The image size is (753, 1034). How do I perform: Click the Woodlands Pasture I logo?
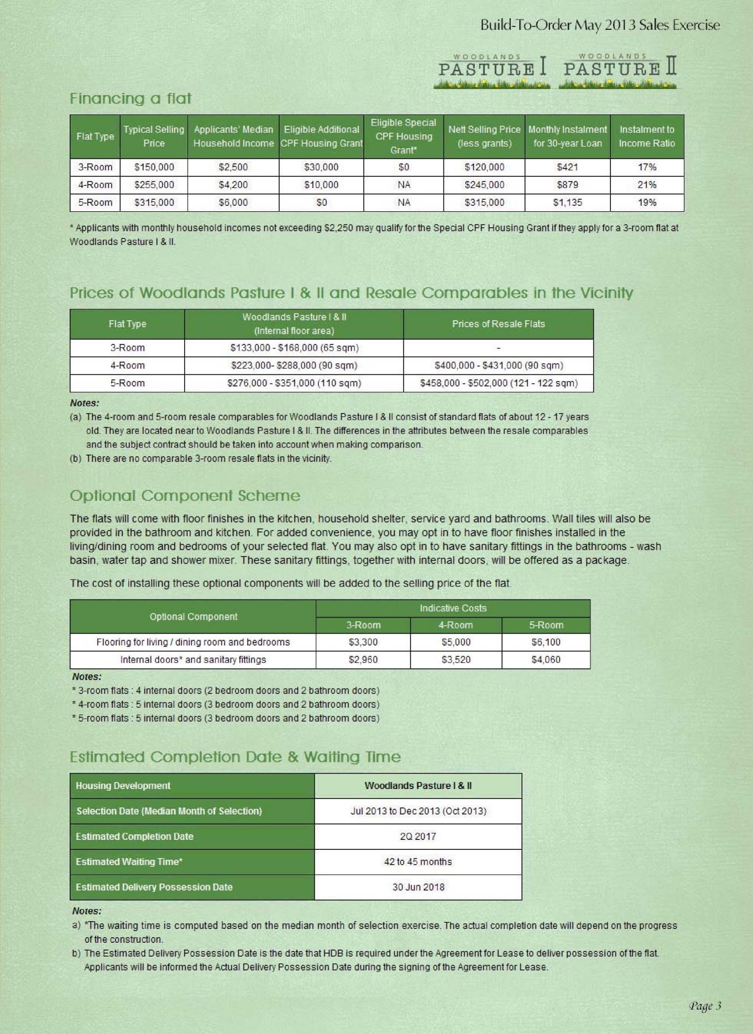pos(492,71)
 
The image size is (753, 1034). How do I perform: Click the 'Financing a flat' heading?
pos(130,98)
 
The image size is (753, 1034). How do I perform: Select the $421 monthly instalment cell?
pos(567,167)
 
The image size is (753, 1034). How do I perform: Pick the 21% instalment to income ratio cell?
pos(647,185)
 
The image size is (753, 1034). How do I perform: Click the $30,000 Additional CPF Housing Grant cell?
pos(321,167)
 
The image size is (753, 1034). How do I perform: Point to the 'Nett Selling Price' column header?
pos(484,137)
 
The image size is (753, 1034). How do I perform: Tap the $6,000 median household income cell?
pos(233,202)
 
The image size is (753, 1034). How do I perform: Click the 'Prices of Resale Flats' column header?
pos(498,324)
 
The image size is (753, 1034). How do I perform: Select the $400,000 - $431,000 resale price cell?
pos(499,365)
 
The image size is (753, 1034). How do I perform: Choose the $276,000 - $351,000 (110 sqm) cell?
pos(294,383)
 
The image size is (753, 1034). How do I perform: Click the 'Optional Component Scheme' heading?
pos(185,495)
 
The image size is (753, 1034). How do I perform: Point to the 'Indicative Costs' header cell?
pos(453,608)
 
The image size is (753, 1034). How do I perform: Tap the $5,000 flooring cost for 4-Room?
pos(456,642)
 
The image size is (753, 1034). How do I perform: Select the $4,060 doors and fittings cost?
pos(546,660)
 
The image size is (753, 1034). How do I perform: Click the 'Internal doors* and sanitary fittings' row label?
pos(193,660)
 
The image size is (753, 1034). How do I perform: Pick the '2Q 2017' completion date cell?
pos(418,837)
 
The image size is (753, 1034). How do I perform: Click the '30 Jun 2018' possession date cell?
pos(418,887)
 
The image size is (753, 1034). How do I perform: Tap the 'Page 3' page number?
pos(705,1006)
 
